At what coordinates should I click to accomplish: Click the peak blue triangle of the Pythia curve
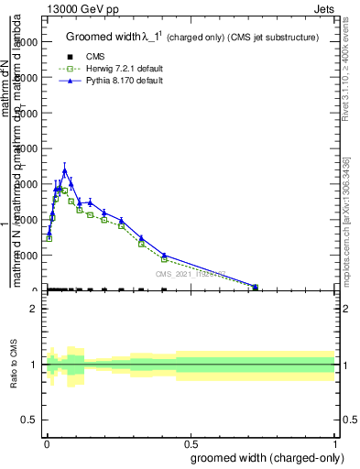pos(64,170)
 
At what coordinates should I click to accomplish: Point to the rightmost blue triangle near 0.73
pos(256,287)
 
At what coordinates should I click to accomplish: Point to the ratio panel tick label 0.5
pos(29,420)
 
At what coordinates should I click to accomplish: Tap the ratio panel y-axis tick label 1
pos(34,365)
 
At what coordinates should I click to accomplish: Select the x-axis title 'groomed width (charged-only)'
pos(267,457)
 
